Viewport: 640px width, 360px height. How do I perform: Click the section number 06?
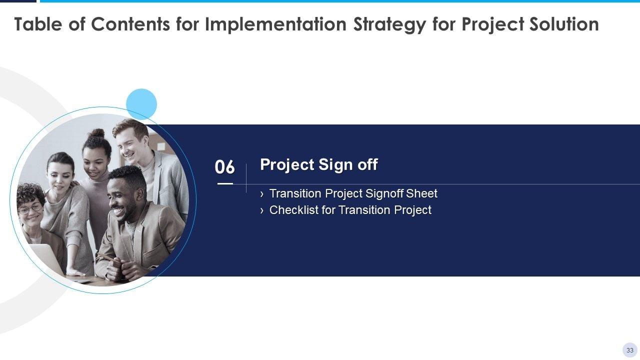(x=224, y=167)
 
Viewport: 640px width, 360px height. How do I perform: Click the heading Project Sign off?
(x=319, y=165)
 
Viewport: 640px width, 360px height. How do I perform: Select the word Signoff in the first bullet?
(x=384, y=193)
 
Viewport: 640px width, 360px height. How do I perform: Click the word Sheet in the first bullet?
(x=421, y=193)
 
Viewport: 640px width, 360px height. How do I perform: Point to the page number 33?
(x=629, y=350)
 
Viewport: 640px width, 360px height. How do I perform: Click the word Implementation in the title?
(x=275, y=24)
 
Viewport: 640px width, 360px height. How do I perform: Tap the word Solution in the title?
(x=564, y=24)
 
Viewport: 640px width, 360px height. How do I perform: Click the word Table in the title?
(x=38, y=24)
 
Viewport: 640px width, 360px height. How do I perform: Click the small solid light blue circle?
(x=141, y=104)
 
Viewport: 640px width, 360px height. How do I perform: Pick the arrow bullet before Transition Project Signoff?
(x=261, y=194)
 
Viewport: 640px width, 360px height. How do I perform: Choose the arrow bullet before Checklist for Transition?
(x=261, y=211)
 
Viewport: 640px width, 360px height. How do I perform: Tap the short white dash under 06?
(x=225, y=183)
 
